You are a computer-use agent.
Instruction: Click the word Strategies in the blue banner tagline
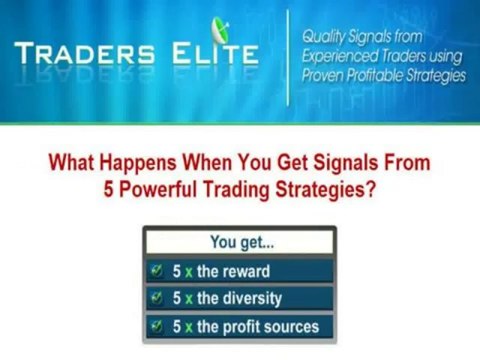(x=432, y=76)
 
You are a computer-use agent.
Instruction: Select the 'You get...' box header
(x=240, y=241)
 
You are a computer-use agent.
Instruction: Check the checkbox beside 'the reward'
(x=156, y=271)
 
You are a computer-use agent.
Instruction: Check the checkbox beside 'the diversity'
(x=156, y=298)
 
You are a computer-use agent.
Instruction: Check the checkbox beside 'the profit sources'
(x=156, y=326)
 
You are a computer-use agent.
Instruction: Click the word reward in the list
(x=246, y=271)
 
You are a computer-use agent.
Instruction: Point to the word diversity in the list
(x=251, y=298)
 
